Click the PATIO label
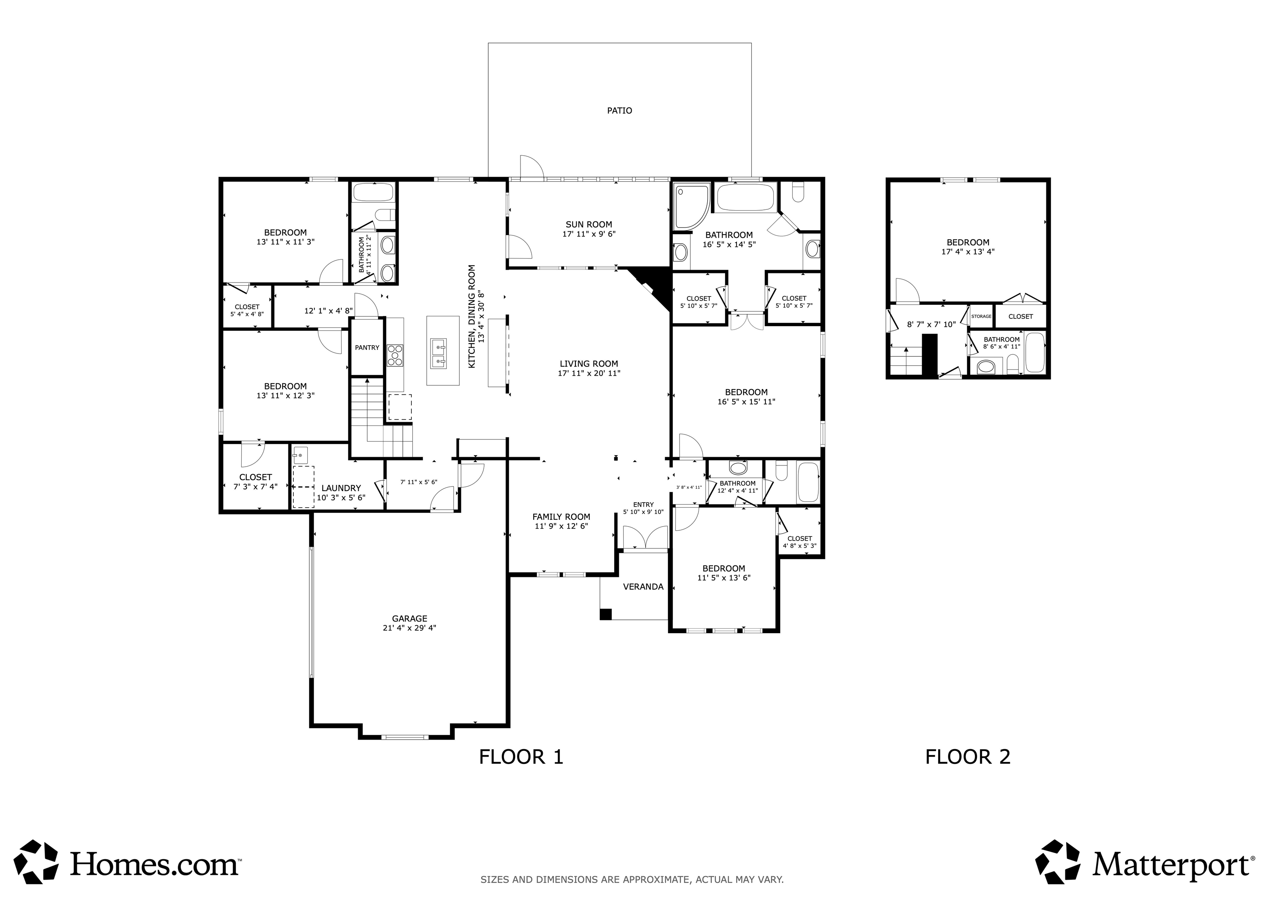pyautogui.click(x=620, y=111)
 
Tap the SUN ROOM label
pyautogui.click(x=589, y=224)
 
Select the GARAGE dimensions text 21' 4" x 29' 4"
pyautogui.click(x=409, y=628)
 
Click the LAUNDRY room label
pyautogui.click(x=341, y=488)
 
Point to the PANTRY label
pyautogui.click(x=367, y=348)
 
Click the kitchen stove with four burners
pyautogui.click(x=395, y=356)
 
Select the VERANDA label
pyautogui.click(x=643, y=586)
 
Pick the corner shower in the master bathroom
pyautogui.click(x=690, y=207)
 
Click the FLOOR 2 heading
pyautogui.click(x=968, y=757)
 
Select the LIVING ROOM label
pyautogui.click(x=589, y=364)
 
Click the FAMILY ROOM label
pyautogui.click(x=561, y=517)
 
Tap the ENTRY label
pyautogui.click(x=643, y=505)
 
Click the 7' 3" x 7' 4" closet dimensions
pyautogui.click(x=255, y=486)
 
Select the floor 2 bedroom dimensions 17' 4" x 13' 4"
pyautogui.click(x=968, y=252)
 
